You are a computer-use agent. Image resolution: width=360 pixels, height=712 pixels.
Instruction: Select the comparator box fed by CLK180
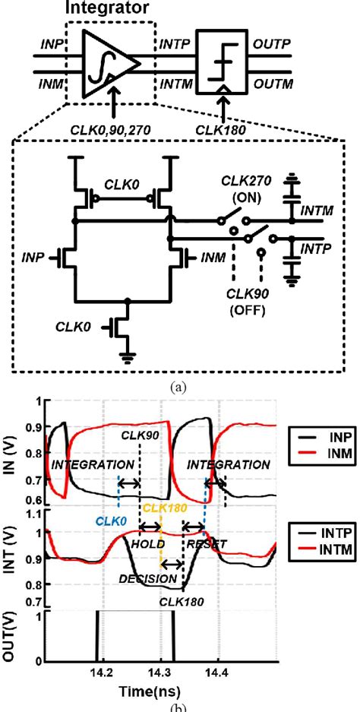222,62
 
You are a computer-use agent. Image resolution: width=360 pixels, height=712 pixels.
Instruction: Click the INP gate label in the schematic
33,258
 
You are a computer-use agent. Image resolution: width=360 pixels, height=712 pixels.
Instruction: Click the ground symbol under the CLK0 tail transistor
128,358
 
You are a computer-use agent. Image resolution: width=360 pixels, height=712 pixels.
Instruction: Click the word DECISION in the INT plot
148,578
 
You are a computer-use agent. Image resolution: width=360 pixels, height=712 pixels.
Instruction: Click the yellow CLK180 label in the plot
164,508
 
